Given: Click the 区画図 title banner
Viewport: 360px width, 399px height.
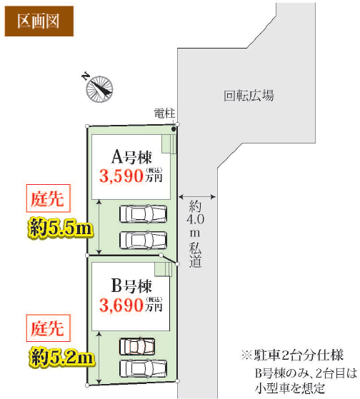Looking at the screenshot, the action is pos(39,21).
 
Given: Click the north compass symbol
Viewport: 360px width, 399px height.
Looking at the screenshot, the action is pos(99,89).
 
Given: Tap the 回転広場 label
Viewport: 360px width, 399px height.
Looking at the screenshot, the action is pos(249,96).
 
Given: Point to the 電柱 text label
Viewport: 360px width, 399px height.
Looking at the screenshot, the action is pos(164,113).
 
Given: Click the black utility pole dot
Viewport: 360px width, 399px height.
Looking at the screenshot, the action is pos(174,129).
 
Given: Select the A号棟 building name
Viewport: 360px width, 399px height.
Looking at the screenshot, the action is pos(131,157).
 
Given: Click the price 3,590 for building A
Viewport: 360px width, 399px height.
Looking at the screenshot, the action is pos(121,176).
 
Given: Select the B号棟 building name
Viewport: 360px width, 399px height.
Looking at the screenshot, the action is pos(131,286).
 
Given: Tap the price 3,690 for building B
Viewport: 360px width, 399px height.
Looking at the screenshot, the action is pos(121,305).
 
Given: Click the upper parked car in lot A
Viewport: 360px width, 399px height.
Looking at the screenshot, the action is pos(144,214).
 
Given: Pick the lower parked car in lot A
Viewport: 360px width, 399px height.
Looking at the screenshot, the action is pos(144,240).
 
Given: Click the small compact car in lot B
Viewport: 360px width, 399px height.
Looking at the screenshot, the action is pos(137,346).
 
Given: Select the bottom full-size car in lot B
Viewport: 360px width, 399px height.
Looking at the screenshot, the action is pos(144,369).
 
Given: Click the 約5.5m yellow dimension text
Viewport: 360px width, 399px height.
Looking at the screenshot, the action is pos(60,227).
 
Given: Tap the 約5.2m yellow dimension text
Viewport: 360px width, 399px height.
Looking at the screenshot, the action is pos(61,357).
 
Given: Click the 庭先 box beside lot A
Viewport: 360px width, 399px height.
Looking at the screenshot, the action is pos(48,198).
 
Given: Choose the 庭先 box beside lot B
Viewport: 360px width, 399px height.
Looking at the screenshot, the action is pos(48,328).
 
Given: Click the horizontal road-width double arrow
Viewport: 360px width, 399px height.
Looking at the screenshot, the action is pos(197,196).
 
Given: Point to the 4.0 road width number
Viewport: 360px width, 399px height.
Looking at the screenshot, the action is pos(195,219).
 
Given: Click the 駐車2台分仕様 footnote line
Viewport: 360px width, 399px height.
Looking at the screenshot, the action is pos(292,355).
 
